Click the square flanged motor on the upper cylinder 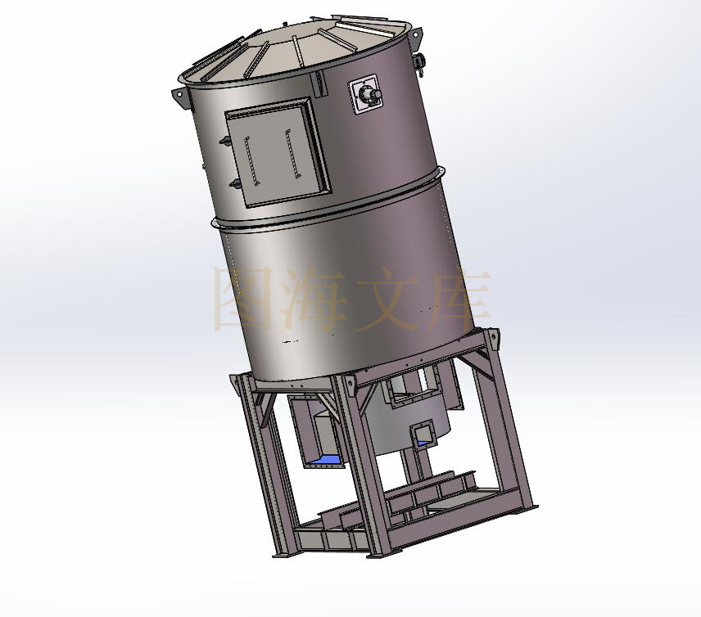click(366, 94)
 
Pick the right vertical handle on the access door click(292, 154)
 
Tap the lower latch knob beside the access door click(234, 183)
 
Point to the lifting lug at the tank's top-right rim click(416, 37)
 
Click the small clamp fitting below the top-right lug click(420, 61)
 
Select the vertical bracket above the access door click(319, 83)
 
